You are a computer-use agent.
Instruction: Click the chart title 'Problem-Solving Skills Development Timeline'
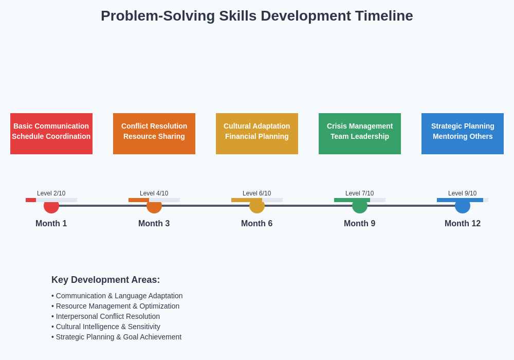click(256, 16)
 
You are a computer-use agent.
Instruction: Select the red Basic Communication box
click(51, 134)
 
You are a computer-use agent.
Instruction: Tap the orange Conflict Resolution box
click(154, 134)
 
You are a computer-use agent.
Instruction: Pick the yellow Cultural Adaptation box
click(257, 134)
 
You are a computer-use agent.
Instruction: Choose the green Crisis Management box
click(360, 134)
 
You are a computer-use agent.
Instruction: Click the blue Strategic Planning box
click(463, 134)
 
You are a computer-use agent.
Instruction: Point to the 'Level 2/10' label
click(51, 193)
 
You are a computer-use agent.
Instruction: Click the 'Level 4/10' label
click(154, 193)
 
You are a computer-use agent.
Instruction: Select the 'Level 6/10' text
click(257, 193)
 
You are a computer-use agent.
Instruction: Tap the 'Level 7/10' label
click(360, 193)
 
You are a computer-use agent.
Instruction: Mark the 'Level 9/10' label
click(463, 193)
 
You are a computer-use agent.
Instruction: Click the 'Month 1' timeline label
click(51, 224)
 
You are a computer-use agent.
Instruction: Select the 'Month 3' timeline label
click(154, 224)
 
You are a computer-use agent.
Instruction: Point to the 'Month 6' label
click(257, 224)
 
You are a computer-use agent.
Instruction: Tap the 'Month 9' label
click(360, 224)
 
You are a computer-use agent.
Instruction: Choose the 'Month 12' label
click(463, 224)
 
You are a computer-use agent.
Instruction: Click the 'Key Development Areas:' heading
click(105, 280)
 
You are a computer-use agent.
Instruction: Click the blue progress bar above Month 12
click(460, 200)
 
